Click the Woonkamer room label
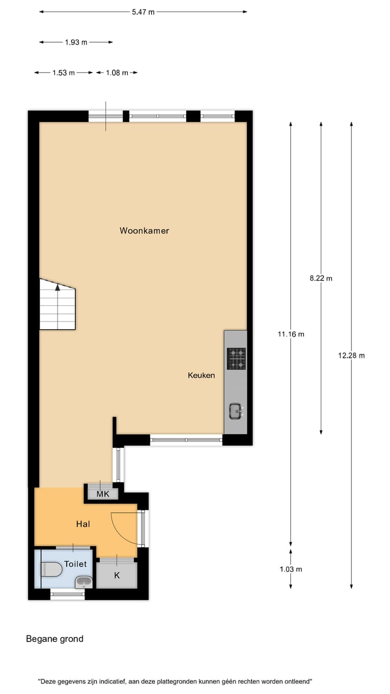click(x=144, y=230)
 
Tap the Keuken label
click(x=201, y=375)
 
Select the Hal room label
click(x=83, y=524)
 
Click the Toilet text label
click(x=75, y=564)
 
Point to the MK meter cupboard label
click(x=103, y=494)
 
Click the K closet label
click(x=117, y=575)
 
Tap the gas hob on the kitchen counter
click(x=236, y=358)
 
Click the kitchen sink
click(x=236, y=412)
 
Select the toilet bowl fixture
click(x=51, y=569)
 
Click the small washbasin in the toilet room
click(x=83, y=582)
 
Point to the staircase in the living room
click(x=57, y=306)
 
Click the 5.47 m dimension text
click(x=143, y=12)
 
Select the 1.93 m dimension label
click(x=76, y=42)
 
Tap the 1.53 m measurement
click(x=63, y=73)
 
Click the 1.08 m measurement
click(x=117, y=73)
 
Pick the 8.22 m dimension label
click(x=321, y=278)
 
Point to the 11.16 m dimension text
click(x=291, y=334)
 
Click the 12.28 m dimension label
click(x=351, y=356)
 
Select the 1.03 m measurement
click(x=291, y=569)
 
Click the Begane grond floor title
click(x=55, y=639)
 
